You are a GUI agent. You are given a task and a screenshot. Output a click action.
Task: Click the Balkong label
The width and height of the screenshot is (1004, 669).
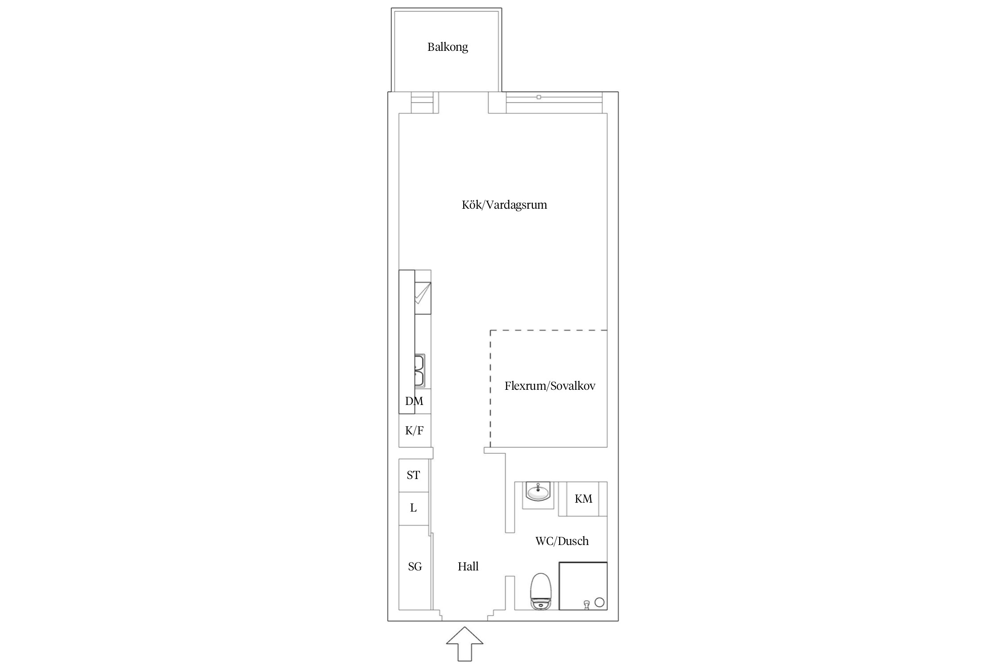(448, 47)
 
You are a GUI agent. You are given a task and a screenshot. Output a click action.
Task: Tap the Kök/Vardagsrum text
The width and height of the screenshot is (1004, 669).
(504, 205)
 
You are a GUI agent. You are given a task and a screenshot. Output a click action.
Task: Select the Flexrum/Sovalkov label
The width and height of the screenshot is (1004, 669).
(550, 386)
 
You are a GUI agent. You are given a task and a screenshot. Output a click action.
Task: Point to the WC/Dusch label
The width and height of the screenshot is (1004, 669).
(562, 541)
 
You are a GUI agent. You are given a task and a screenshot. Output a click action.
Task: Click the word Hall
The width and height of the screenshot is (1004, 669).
(468, 566)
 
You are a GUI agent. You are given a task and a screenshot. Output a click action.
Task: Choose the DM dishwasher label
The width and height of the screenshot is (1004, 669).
(414, 401)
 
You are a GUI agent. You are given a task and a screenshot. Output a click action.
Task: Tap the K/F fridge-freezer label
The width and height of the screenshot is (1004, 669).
(414, 430)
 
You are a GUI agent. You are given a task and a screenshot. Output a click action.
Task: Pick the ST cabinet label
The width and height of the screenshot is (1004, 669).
(413, 475)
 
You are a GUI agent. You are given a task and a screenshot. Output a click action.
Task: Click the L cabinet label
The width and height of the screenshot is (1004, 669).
(413, 508)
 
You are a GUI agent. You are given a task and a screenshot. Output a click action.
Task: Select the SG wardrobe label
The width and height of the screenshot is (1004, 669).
(415, 566)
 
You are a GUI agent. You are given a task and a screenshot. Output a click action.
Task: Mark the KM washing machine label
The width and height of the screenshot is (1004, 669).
(583, 499)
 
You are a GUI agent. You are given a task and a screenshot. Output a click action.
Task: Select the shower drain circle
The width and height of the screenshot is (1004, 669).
(599, 602)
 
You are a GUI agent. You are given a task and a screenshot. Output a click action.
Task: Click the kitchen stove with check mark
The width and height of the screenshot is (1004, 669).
(423, 298)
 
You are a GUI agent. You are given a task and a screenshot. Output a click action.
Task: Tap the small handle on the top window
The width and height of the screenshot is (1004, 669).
(539, 97)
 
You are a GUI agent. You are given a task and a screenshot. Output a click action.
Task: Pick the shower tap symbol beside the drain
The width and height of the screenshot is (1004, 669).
(586, 604)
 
